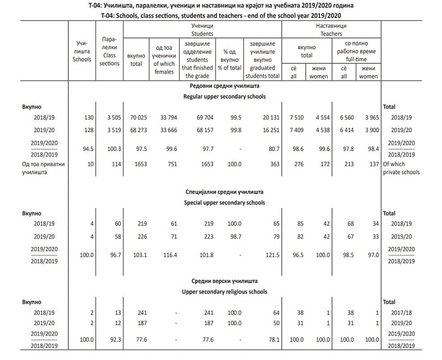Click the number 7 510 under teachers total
298,117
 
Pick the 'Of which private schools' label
401,168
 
